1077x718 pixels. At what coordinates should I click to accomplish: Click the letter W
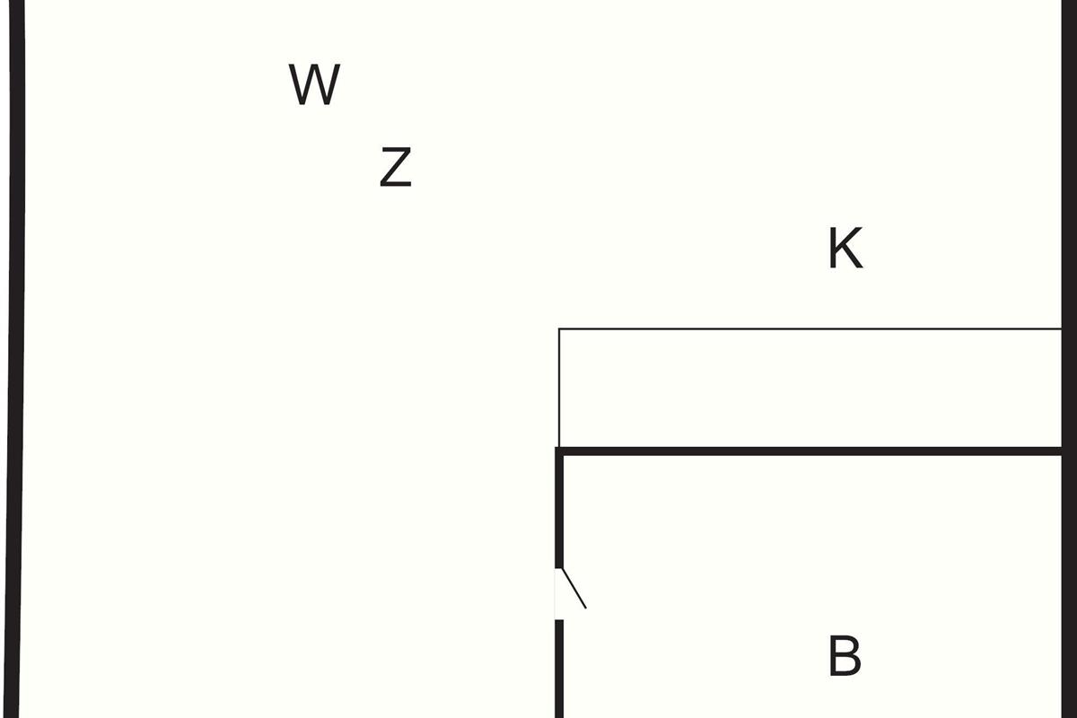(314, 84)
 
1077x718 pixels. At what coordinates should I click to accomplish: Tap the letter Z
(396, 167)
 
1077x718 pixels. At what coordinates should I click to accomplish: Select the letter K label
(845, 248)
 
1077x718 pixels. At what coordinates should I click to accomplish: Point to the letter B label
(845, 655)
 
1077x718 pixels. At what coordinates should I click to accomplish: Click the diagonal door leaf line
(574, 589)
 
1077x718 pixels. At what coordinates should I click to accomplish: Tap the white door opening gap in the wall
(559, 594)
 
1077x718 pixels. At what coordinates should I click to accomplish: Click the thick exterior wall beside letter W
(14, 359)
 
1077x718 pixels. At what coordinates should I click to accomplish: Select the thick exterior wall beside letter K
(1069, 359)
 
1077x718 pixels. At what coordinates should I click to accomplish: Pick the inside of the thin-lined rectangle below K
(810, 388)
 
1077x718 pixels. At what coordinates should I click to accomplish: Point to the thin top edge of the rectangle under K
(810, 329)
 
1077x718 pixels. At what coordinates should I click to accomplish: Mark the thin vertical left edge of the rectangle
(558, 388)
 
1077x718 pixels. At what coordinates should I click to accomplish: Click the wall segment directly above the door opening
(559, 508)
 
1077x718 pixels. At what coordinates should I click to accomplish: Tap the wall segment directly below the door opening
(559, 669)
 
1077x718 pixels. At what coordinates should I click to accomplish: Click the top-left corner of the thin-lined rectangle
(558, 329)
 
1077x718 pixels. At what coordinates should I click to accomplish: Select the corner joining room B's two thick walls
(559, 451)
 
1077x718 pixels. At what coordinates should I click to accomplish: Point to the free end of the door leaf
(586, 609)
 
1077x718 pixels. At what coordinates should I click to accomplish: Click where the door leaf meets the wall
(562, 569)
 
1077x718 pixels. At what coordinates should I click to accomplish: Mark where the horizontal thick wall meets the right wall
(1062, 451)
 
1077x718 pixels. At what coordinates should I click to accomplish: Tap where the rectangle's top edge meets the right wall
(1062, 329)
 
